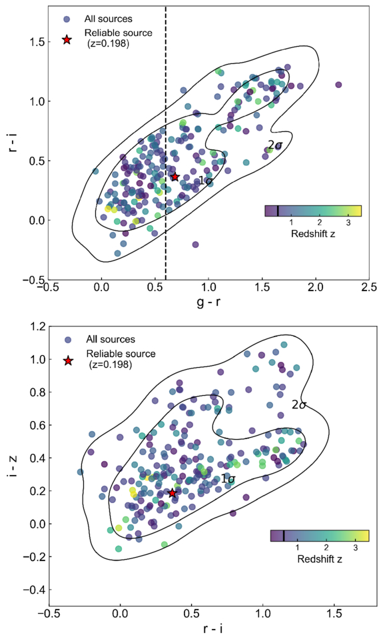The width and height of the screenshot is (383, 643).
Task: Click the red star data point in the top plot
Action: [175, 177]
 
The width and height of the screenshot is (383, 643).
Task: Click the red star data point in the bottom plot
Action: [173, 493]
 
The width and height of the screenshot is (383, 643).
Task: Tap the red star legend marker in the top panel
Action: [67, 40]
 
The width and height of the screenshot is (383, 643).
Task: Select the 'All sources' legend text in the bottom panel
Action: [111, 339]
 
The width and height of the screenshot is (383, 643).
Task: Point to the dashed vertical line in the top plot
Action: [166, 143]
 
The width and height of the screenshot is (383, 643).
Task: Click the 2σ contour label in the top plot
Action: [276, 145]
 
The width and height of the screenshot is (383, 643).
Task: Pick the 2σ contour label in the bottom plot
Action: [299, 405]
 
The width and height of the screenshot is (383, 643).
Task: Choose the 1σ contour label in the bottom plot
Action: [228, 478]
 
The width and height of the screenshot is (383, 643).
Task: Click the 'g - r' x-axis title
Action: [208, 303]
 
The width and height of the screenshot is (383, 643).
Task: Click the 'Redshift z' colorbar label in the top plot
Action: [313, 234]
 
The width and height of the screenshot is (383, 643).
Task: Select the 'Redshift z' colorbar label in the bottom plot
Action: [320, 558]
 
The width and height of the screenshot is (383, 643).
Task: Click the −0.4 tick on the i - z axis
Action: [33, 590]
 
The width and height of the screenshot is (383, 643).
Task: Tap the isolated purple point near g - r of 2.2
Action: [338, 85]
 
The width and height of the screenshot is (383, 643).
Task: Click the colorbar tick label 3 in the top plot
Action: [348, 223]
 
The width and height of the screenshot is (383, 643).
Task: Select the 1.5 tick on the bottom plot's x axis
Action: [334, 616]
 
